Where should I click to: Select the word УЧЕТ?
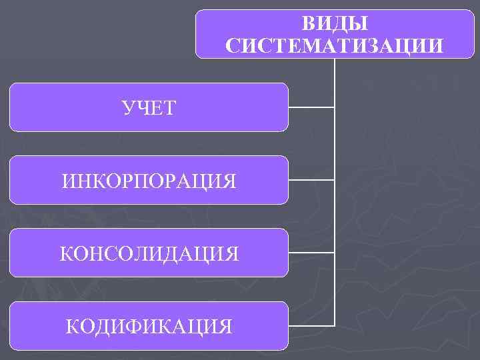149,107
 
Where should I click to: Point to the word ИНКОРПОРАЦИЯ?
149,180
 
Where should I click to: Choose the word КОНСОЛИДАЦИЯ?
149,253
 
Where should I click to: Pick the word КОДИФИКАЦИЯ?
149,326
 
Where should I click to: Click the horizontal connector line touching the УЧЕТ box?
311,107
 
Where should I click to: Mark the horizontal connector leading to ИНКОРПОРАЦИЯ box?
311,180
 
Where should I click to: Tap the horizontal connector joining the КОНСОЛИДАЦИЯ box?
311,253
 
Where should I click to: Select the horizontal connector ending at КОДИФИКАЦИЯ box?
311,326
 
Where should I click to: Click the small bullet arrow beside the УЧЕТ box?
5,107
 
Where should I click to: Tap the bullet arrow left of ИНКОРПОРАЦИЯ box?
5,180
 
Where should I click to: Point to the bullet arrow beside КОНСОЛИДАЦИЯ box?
5,253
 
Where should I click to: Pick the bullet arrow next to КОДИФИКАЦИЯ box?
5,326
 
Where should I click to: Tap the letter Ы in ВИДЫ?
358,23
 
